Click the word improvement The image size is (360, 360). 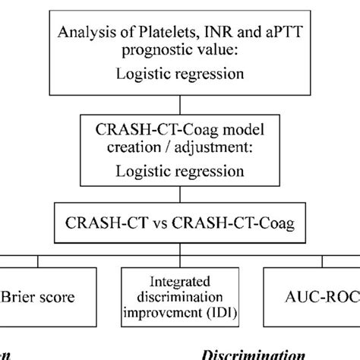166,311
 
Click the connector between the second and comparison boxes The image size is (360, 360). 180,196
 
